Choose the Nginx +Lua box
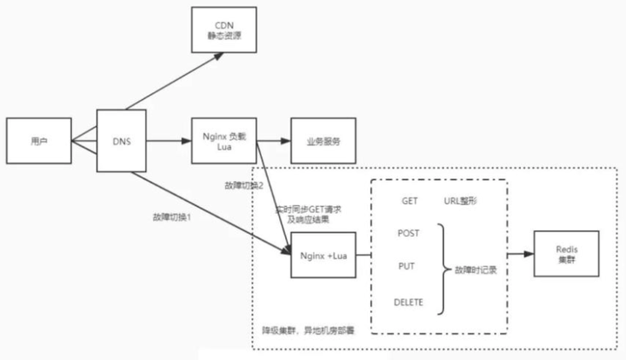pos(323,256)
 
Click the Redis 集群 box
pos(566,255)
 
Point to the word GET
pos(410,201)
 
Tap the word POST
pos(409,233)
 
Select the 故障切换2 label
pos(243,186)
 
